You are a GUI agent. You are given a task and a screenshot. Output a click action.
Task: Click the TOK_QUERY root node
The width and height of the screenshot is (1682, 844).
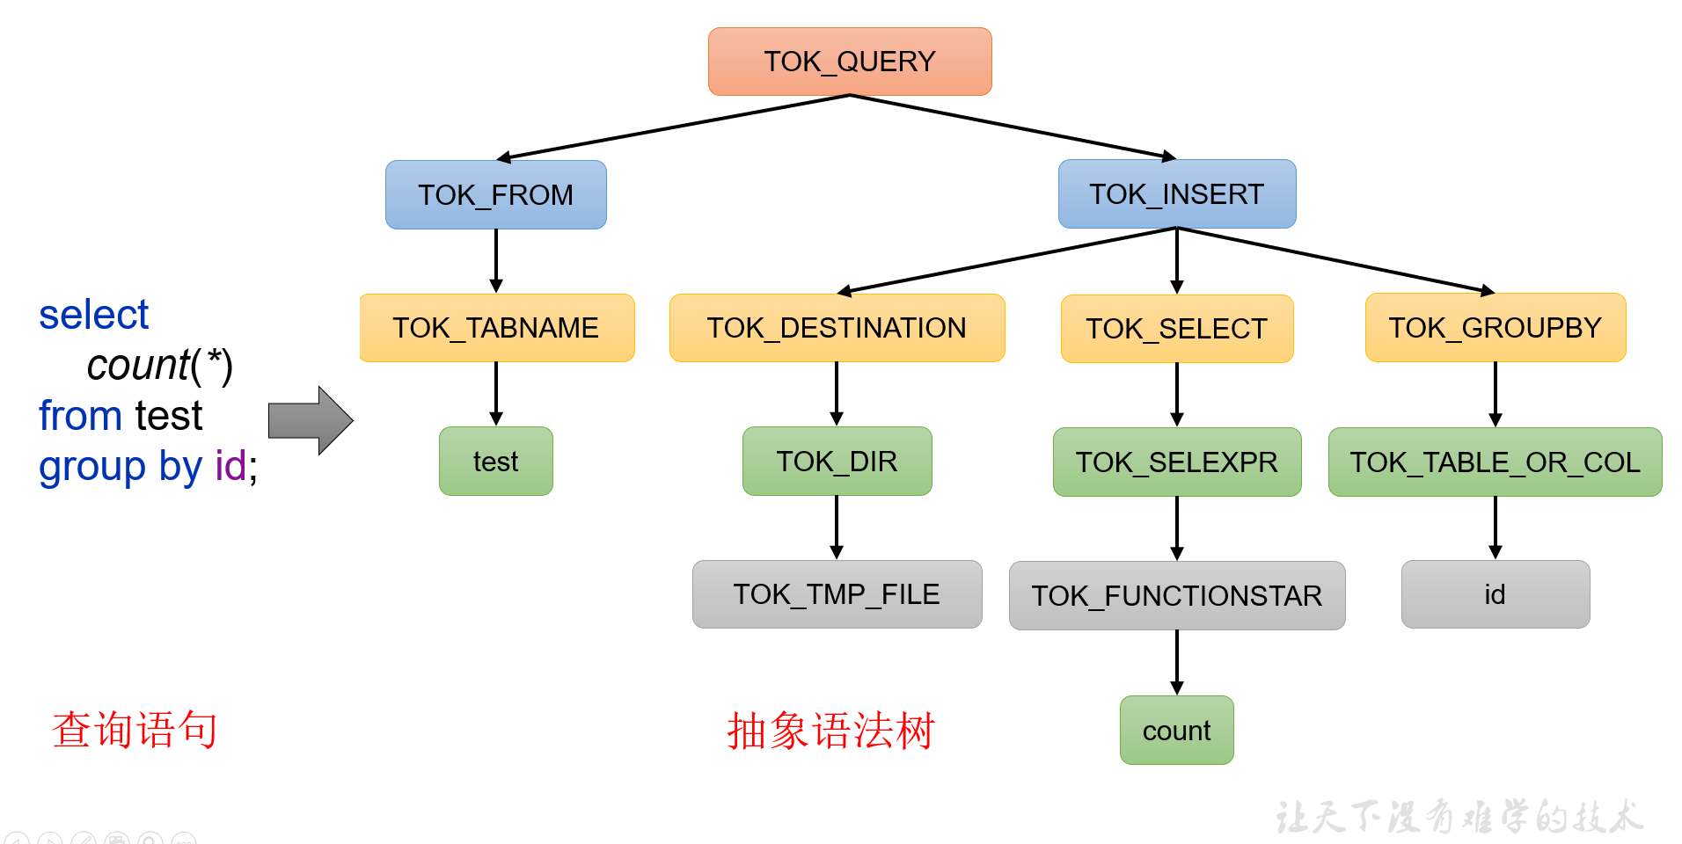[850, 62]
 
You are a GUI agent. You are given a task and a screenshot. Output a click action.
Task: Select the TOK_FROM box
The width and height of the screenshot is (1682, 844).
[495, 194]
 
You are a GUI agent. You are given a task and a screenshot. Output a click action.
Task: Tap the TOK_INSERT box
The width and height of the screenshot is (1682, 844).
[1176, 193]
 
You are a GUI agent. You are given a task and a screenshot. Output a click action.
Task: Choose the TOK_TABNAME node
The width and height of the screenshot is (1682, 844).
[496, 328]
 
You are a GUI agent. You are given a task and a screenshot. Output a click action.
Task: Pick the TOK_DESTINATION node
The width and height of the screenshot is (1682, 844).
[837, 328]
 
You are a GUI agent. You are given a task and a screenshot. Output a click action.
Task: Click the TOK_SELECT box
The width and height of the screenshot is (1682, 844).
[1176, 329]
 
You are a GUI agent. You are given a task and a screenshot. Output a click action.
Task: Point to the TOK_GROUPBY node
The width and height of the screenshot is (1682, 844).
[1495, 328]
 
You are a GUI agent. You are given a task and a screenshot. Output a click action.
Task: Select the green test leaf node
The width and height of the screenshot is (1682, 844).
[495, 462]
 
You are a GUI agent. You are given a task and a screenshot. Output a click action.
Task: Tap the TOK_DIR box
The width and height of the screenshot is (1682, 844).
[837, 462]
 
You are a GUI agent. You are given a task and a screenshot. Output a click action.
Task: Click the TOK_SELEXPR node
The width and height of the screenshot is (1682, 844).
[1176, 462]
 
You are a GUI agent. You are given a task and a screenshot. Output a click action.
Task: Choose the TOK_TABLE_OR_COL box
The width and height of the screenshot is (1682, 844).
[1495, 462]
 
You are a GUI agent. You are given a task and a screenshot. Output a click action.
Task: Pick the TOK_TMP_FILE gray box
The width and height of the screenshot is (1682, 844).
[837, 594]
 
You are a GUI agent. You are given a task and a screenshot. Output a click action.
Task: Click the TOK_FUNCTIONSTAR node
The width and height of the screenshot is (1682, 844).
[1176, 596]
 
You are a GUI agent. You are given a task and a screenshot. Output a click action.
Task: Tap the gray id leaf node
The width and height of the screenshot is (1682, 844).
[1495, 594]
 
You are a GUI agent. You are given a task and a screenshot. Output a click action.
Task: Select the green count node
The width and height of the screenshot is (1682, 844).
[1176, 731]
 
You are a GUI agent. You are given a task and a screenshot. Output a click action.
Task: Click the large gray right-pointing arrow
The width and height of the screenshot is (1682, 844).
[311, 420]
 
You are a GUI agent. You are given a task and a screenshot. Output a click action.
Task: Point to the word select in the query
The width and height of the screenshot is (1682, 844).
[94, 315]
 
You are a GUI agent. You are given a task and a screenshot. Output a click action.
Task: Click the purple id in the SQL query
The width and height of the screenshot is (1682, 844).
[230, 466]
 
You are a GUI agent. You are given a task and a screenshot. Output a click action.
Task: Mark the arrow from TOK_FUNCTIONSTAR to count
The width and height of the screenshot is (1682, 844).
[1177, 662]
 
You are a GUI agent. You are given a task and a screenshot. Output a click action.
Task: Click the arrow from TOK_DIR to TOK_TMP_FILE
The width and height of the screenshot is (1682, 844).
[837, 527]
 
